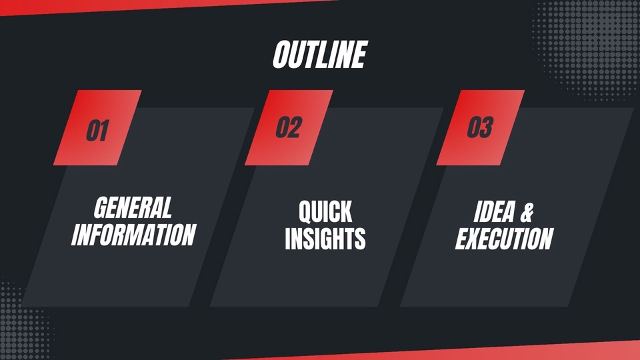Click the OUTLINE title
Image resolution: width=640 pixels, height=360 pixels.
coord(320,54)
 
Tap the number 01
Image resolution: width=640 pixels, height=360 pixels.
coord(97,131)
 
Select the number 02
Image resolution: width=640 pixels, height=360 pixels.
coord(289,127)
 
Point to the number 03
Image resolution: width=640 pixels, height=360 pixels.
coord(481,127)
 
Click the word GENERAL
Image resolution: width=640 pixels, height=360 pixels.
coord(133,207)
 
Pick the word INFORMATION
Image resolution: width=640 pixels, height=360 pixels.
coord(134,235)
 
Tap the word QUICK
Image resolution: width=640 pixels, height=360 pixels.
coord(325,211)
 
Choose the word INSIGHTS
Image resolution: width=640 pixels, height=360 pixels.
coord(325,239)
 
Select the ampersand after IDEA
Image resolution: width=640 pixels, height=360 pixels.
coord(527,212)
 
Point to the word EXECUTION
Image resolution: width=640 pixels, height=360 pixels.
coord(505,239)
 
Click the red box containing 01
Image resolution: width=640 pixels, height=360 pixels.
coord(97,127)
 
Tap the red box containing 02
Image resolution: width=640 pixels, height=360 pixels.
coord(289,127)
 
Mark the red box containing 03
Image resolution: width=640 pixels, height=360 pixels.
coord(481,127)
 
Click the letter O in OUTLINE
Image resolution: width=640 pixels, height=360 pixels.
coord(281,55)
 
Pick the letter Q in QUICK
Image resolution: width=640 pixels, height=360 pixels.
coord(306,212)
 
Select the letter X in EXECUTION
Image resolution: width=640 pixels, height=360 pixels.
coord(476,239)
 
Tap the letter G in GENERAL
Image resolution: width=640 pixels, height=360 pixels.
coord(101,207)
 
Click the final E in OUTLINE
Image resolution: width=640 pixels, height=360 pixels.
coord(359,54)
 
